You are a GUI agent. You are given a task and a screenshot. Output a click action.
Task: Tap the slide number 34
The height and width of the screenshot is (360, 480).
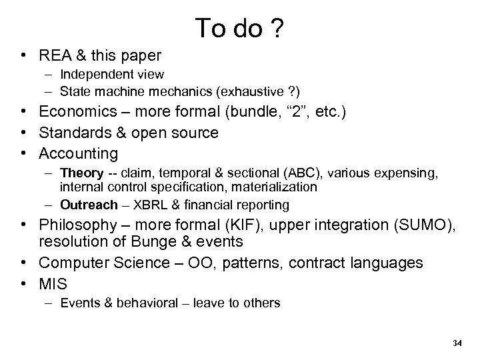click(x=457, y=343)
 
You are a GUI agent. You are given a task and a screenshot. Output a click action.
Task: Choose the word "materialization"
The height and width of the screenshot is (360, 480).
click(x=279, y=187)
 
